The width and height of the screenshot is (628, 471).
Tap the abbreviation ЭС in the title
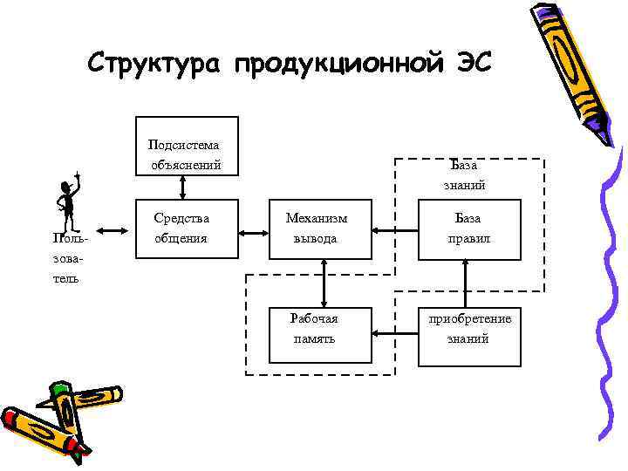click(x=472, y=64)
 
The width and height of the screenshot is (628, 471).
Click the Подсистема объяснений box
click(x=187, y=144)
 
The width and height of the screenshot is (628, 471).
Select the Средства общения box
click(x=187, y=229)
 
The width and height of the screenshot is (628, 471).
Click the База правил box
click(x=466, y=229)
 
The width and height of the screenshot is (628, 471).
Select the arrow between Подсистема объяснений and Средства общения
click(x=182, y=185)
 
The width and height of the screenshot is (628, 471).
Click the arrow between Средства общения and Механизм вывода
click(x=254, y=232)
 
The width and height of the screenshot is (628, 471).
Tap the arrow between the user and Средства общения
click(x=113, y=232)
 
